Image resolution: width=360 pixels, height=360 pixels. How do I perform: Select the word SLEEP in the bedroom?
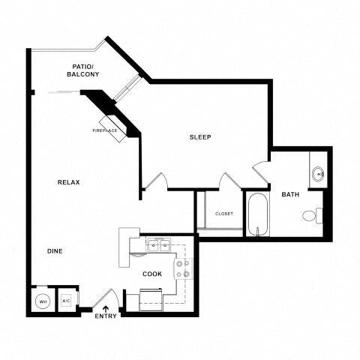coord(200,136)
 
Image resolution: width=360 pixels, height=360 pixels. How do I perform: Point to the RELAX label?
coord(69,182)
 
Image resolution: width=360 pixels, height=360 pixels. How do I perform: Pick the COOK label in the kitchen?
coord(152,274)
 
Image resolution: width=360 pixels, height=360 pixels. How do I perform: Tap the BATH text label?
coord(290,195)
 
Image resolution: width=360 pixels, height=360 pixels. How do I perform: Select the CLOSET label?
coord(223,214)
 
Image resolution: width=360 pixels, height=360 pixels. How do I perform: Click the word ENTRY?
coord(106,316)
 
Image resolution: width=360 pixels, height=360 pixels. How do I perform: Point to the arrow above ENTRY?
coord(106,307)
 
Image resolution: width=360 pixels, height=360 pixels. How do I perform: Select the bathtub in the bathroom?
coord(257,214)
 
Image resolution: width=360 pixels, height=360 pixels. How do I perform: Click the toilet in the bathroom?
coord(311,216)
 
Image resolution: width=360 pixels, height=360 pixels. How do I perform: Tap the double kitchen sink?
coord(157,244)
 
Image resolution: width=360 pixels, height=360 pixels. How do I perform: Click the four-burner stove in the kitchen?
coord(182,268)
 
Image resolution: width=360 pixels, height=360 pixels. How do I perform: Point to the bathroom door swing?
coord(260,172)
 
